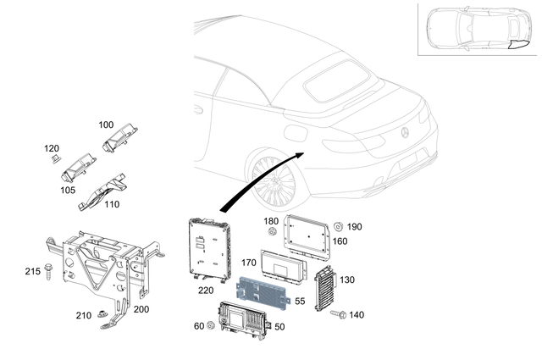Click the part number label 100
tap(106, 125)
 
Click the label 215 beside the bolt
tap(32, 271)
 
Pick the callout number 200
tap(141, 309)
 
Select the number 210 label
tap(84, 316)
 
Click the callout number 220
tap(206, 290)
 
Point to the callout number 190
tap(354, 227)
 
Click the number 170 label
tap(248, 263)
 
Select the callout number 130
tap(347, 280)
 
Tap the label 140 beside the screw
tap(357, 314)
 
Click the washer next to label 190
tap(339, 225)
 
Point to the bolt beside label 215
tap(52, 272)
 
